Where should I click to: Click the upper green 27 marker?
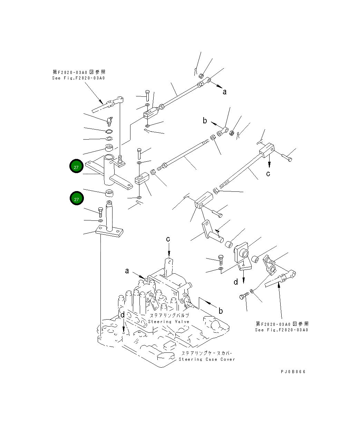coord(76,167)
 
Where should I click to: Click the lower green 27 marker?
coord(76,199)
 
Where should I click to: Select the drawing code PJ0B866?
coord(293,372)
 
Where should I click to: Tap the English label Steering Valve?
coord(169,322)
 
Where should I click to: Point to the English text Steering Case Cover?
coord(206,359)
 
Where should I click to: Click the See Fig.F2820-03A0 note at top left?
coord(78,78)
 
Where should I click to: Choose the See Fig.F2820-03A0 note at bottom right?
coord(282,330)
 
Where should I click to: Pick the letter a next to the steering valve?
coord(127,271)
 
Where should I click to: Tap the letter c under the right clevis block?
coord(268,173)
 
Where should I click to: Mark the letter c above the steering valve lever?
coord(168,239)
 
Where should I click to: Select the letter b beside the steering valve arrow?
coord(221,311)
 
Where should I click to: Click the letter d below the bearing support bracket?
coord(236,282)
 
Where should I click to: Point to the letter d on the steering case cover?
coord(123,315)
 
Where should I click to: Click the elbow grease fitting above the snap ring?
coord(109,121)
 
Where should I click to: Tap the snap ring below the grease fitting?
coord(109,131)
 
